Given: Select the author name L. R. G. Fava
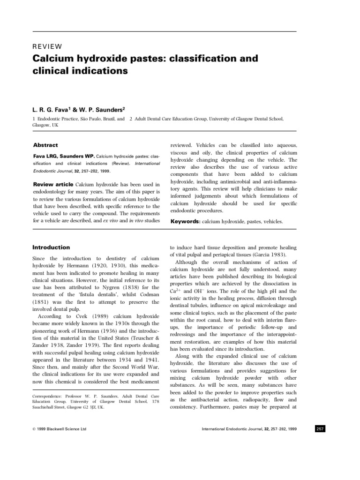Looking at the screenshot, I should click(x=53, y=109).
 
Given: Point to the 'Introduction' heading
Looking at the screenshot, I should click(x=51, y=247).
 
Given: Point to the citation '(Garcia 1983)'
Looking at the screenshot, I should click(x=269, y=255).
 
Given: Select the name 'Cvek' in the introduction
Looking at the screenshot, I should click(x=75, y=316).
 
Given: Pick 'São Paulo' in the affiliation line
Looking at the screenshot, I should click(x=97, y=119).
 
